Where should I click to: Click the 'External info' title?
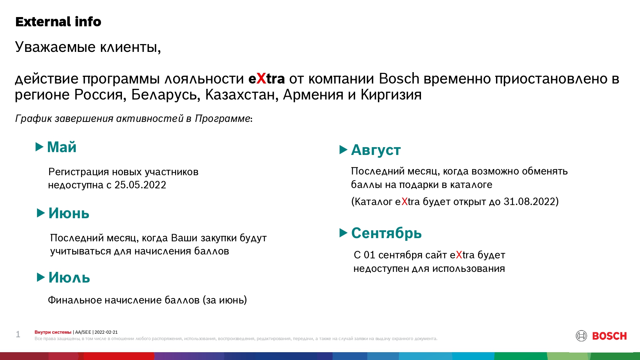click(58, 22)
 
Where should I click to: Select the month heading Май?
click(62, 147)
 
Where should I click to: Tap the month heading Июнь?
click(69, 213)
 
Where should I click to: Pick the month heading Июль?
click(69, 278)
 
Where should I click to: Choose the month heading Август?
click(376, 150)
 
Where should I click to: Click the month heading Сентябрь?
click(386, 233)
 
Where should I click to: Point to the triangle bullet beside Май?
click(39, 147)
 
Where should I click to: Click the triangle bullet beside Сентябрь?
click(343, 233)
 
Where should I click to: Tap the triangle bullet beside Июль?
click(41, 277)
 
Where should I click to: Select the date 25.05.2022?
click(140, 185)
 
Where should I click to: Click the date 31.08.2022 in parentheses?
click(529, 202)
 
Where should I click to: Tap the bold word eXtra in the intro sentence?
click(267, 79)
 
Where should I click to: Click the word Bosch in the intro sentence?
click(399, 79)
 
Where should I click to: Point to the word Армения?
click(313, 95)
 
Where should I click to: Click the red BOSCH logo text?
click(609, 336)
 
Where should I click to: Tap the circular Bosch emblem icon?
click(581, 336)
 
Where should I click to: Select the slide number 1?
click(18, 334)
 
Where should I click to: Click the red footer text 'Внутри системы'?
click(53, 332)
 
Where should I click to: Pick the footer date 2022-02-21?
click(106, 332)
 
